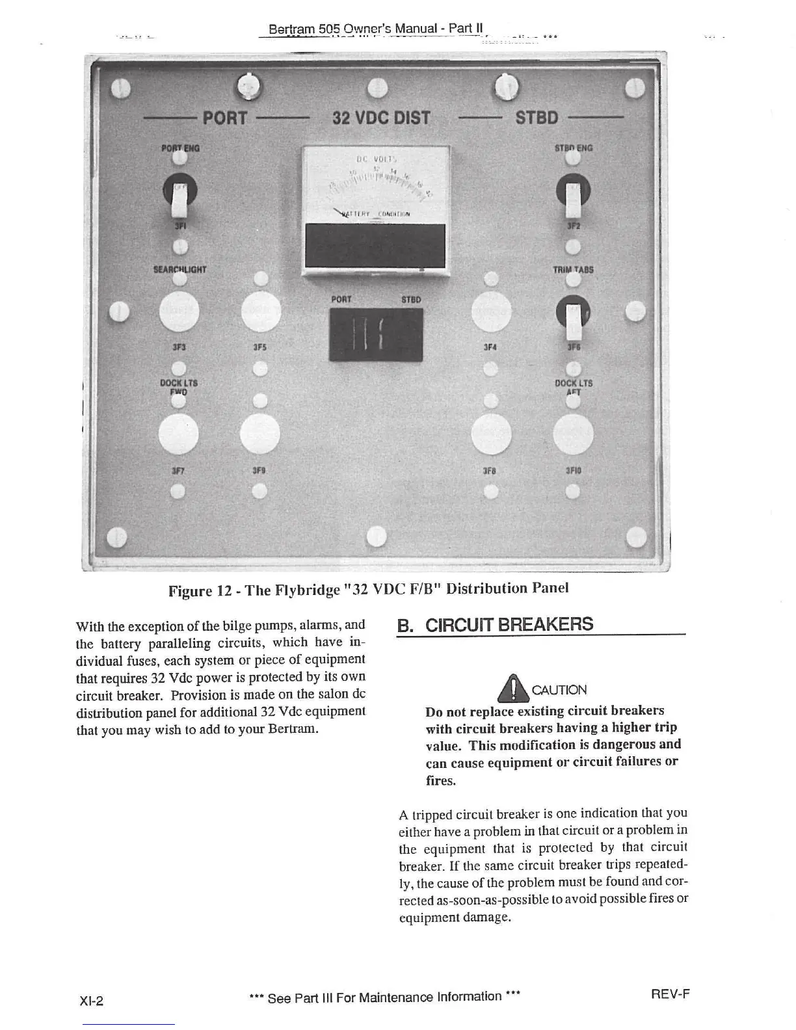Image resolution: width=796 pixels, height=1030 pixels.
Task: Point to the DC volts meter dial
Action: point(375,185)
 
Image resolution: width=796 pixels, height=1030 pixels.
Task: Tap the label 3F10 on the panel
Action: point(573,470)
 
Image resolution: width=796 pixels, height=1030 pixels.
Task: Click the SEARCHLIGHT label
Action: point(179,269)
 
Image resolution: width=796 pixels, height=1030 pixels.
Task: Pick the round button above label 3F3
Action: point(179,311)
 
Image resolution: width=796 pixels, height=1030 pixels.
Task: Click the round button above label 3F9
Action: point(259,434)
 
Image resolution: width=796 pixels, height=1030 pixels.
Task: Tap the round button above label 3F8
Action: point(491,434)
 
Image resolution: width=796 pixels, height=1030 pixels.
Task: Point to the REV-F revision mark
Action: point(670,994)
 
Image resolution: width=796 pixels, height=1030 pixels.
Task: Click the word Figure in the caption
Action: point(190,590)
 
